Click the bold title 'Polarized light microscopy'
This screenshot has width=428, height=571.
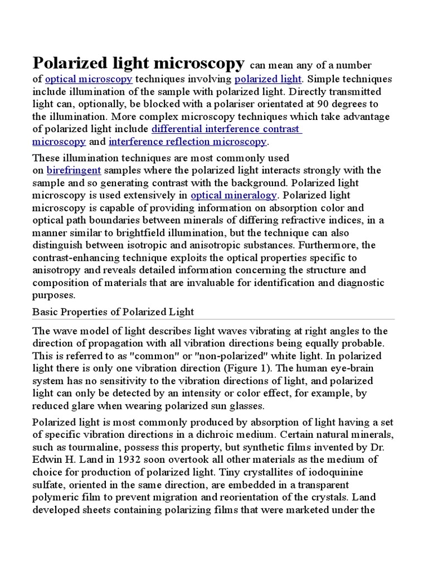(138, 62)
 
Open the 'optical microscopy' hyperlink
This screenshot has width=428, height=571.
(89, 79)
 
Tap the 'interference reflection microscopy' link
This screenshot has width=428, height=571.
(188, 142)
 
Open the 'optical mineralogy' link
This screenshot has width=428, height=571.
(234, 195)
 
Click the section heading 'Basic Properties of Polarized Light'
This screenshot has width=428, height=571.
(113, 311)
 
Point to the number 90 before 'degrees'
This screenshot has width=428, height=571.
(323, 104)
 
